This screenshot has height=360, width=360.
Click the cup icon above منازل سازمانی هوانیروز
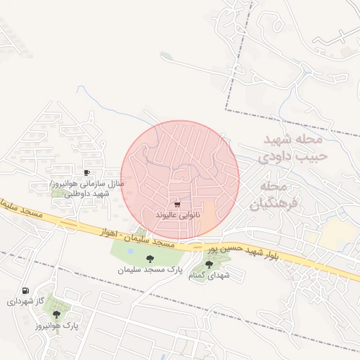click(86, 172)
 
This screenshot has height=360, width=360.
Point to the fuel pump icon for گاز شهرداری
click(26, 290)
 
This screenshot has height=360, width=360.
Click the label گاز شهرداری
click(26, 301)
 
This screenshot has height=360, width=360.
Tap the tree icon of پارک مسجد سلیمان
click(149, 259)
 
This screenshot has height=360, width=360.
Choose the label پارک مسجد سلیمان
click(150, 269)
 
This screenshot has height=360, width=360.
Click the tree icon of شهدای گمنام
click(208, 264)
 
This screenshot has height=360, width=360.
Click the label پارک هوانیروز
click(56, 325)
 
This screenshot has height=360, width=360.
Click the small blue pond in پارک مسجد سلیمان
click(131, 250)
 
